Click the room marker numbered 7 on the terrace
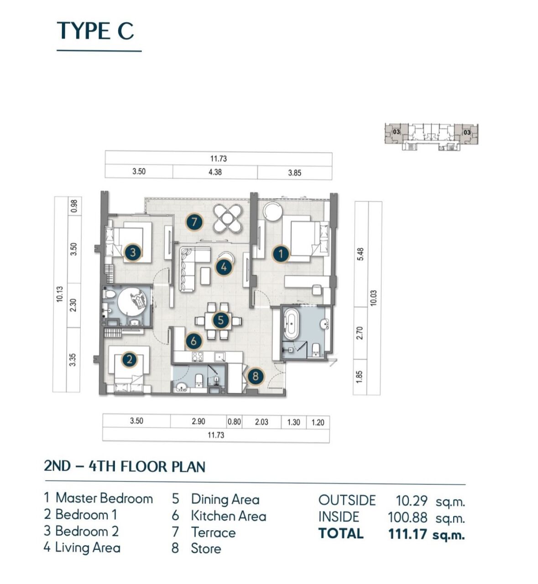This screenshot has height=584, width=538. (x=194, y=223)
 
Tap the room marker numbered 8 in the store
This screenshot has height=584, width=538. (x=256, y=376)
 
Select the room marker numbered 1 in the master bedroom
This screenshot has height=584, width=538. (x=281, y=254)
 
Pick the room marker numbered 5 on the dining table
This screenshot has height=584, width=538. (x=220, y=320)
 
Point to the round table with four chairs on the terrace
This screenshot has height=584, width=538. (x=228, y=219)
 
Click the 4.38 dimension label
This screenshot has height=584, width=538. (x=215, y=172)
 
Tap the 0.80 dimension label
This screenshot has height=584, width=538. (x=234, y=422)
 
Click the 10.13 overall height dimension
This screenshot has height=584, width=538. (x=60, y=294)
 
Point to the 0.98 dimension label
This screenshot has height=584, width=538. (x=74, y=206)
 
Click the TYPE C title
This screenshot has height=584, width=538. (x=95, y=31)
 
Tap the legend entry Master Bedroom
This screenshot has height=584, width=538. (x=104, y=498)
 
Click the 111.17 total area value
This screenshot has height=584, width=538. (x=408, y=534)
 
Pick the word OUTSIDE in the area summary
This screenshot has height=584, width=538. (x=347, y=501)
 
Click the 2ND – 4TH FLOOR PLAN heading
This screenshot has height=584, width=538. (x=125, y=466)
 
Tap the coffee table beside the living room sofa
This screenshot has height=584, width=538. (x=206, y=276)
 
